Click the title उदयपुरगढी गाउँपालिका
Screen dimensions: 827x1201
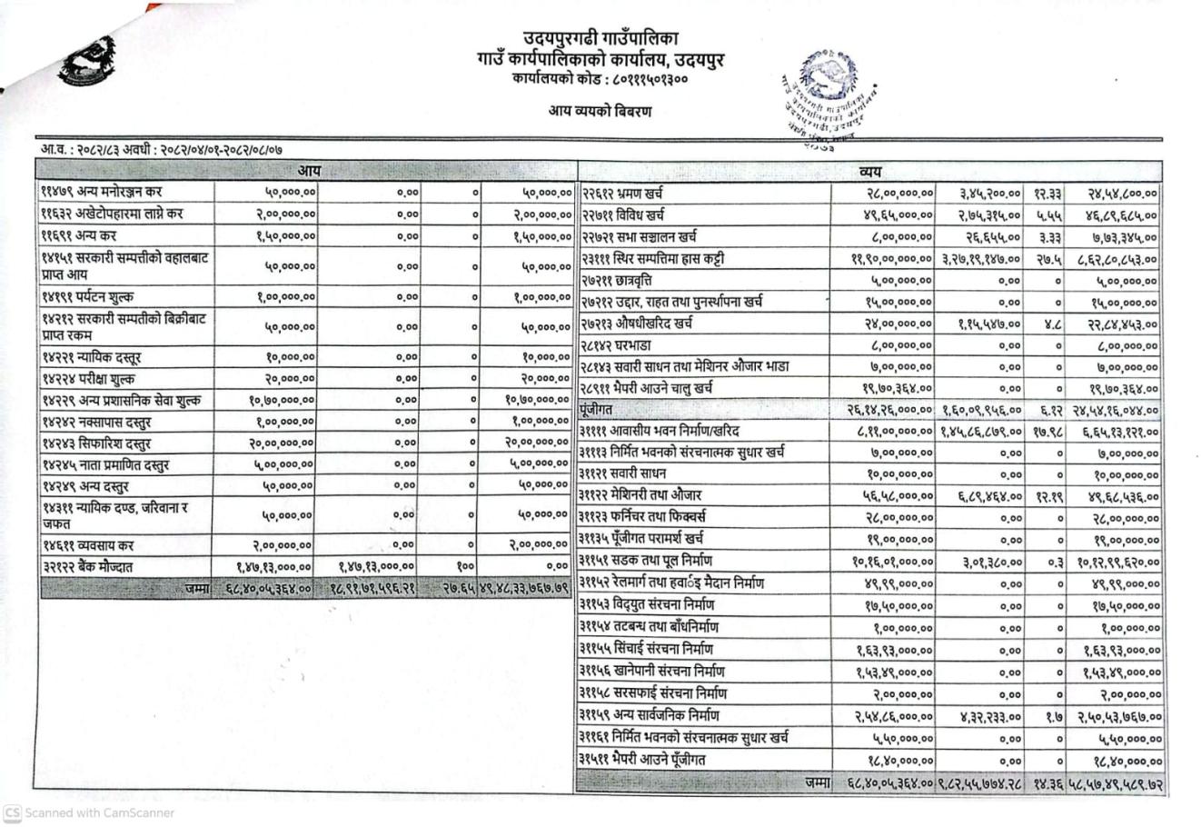click(600, 39)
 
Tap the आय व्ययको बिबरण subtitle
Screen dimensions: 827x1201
click(600, 112)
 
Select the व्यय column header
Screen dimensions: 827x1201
click(869, 171)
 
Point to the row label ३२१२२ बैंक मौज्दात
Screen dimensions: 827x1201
click(87, 567)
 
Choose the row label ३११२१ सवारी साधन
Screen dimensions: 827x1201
click(622, 473)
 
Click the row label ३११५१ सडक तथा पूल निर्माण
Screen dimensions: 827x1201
click(646, 561)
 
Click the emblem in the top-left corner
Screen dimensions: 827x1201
click(87, 60)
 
